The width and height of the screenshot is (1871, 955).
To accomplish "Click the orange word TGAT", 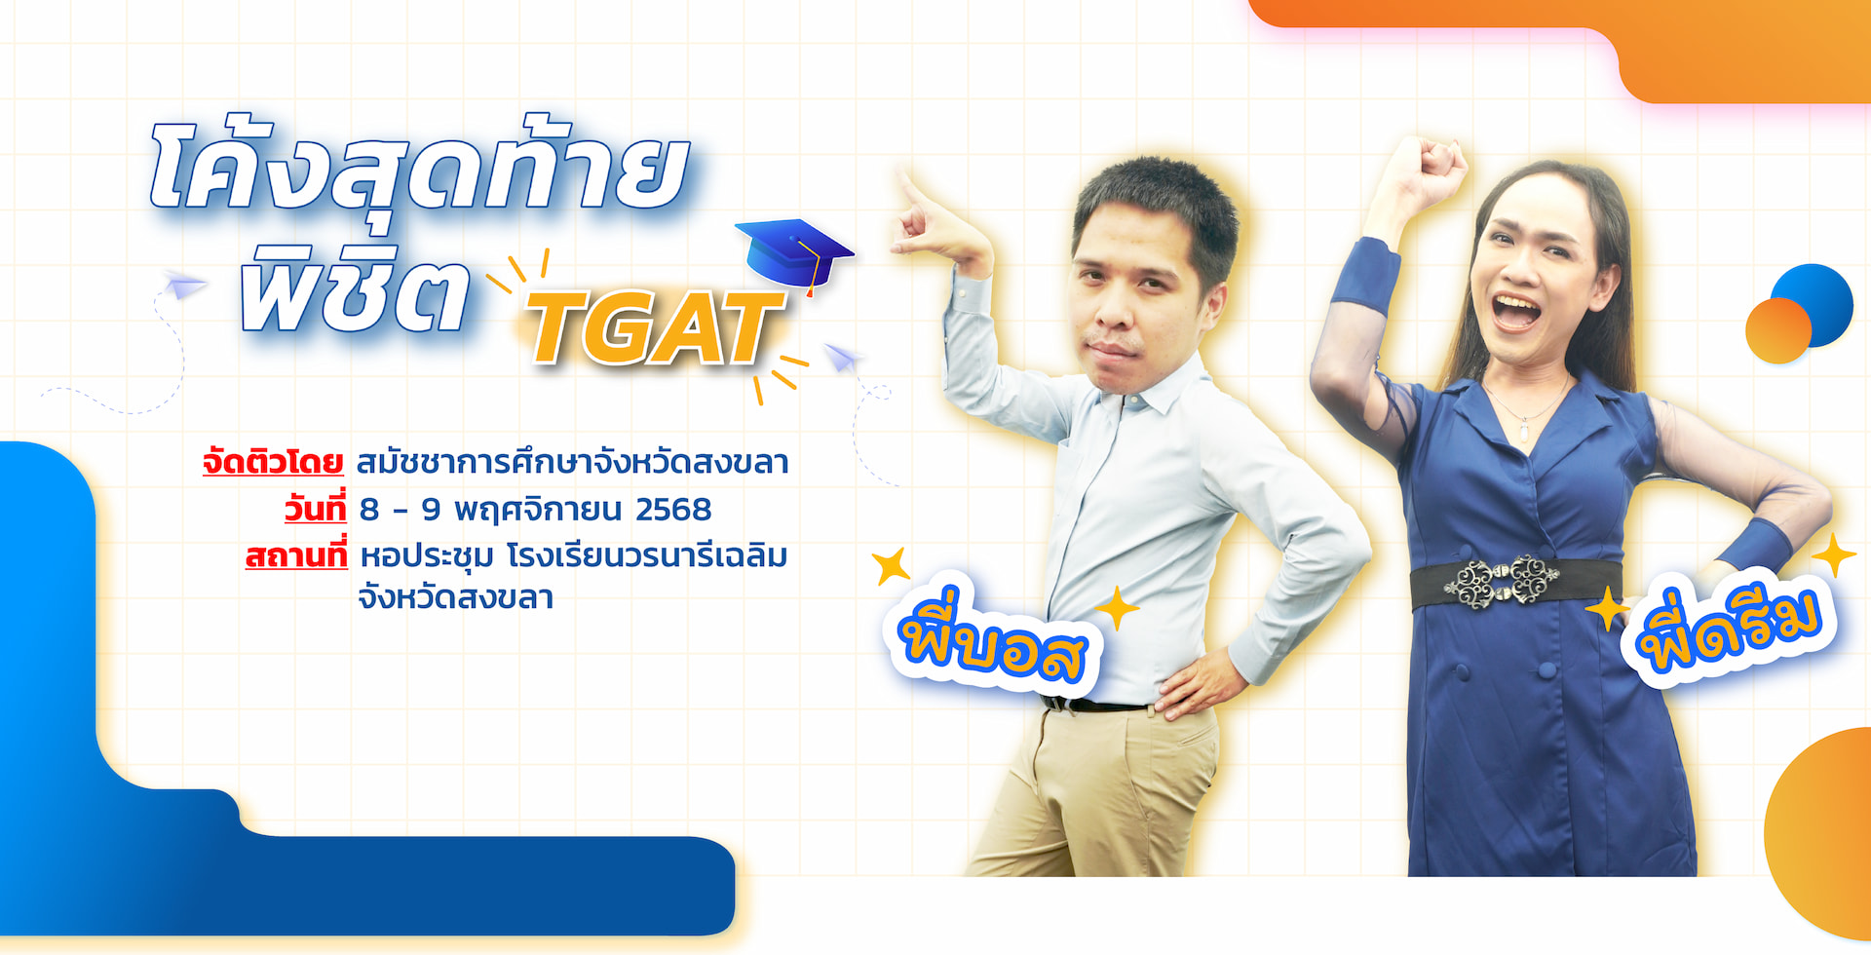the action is [x=655, y=328].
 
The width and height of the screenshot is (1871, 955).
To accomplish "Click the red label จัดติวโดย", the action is [x=273, y=462].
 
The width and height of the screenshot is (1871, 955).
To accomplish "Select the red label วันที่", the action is [x=315, y=508].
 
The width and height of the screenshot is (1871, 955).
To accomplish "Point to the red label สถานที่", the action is [x=296, y=554].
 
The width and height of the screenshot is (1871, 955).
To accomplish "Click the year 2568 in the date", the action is [x=673, y=510].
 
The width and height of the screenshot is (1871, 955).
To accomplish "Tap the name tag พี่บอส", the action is [x=993, y=642].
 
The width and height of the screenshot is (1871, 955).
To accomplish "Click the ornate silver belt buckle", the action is [x=1502, y=582].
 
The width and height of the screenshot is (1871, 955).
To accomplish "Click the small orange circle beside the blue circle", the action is [x=1777, y=331].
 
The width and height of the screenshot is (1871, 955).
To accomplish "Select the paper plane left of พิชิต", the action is [x=184, y=285].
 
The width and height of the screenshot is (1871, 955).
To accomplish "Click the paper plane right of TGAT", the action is [x=842, y=358].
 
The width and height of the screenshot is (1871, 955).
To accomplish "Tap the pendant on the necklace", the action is [x=1524, y=432].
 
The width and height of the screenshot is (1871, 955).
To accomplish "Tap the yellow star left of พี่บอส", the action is [x=891, y=565].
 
